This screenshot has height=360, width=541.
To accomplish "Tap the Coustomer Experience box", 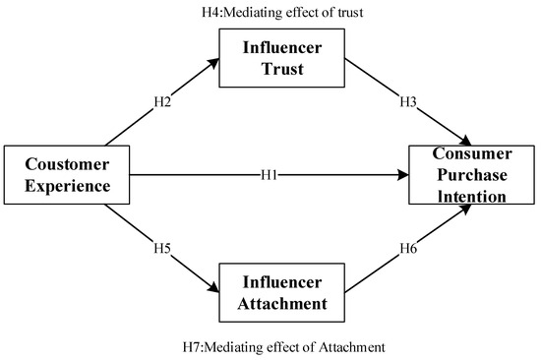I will [65, 175].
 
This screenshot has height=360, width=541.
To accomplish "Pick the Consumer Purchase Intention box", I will [473, 175].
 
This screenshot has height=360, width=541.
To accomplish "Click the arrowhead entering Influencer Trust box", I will [215, 61].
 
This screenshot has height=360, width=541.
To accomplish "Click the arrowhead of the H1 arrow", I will [403, 175].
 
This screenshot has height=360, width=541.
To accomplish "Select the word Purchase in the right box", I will [473, 175].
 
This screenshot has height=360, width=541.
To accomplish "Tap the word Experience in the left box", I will [65, 185].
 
